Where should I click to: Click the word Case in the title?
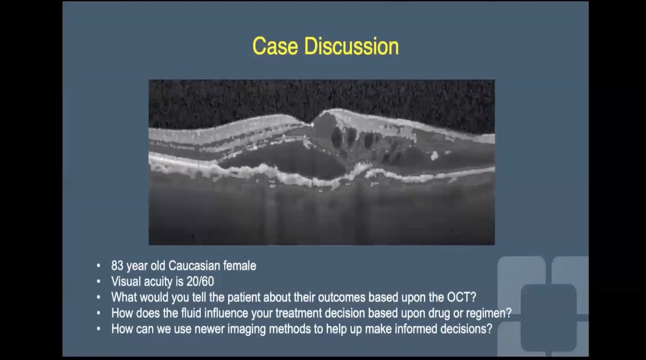(276, 46)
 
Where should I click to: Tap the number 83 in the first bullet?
(118, 265)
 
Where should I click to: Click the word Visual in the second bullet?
(126, 281)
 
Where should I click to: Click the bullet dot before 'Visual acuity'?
(98, 281)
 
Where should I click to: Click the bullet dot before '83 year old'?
(98, 266)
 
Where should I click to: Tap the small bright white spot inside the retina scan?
(434, 156)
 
